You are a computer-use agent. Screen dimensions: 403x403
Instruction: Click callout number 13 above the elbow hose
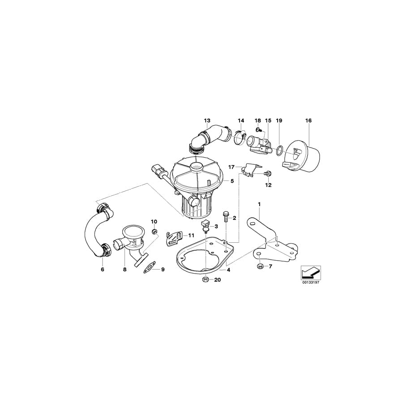(x=207, y=120)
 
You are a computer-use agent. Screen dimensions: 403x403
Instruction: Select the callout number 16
(x=309, y=120)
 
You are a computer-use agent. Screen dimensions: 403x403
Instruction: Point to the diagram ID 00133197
(x=309, y=283)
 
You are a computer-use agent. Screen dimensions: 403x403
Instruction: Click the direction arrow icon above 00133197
(x=309, y=271)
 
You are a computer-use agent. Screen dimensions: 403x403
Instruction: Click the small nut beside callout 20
(x=204, y=280)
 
